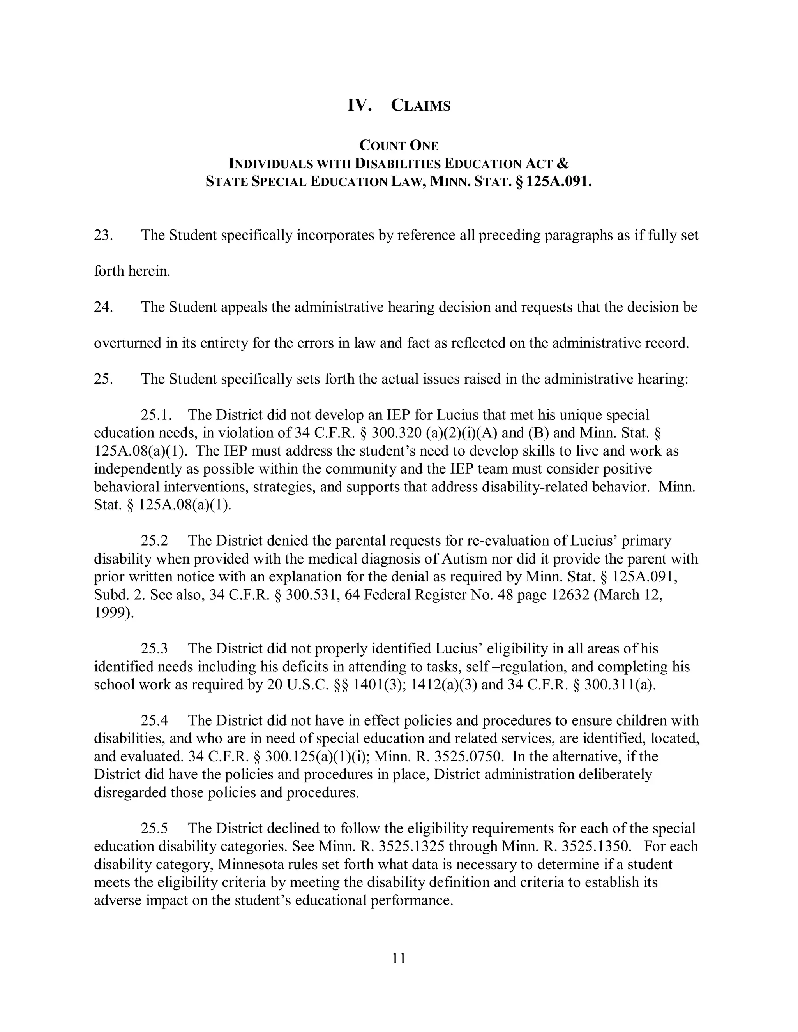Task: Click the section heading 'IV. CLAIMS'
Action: pos(399,105)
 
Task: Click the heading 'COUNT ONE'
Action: pos(399,145)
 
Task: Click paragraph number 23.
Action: pos(103,235)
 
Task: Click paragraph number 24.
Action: pos(103,307)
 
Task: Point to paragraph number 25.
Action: pos(103,379)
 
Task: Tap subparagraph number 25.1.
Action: pos(155,415)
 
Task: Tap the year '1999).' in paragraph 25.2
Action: pos(114,613)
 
